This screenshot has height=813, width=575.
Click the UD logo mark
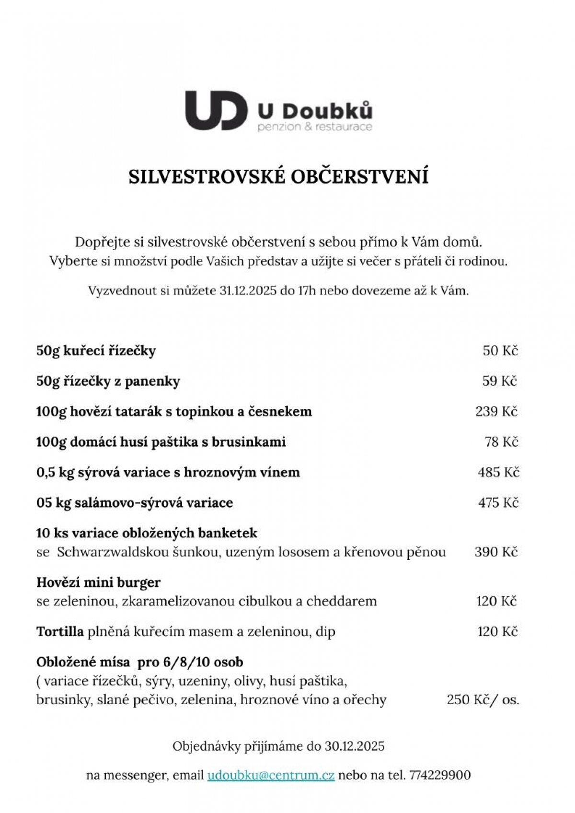[216, 110]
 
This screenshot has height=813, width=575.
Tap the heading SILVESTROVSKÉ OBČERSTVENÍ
[278, 176]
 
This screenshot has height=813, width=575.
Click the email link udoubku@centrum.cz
[271, 775]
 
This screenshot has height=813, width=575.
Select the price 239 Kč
[497, 411]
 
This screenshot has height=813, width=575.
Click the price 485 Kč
[498, 472]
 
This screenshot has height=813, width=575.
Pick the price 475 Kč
[498, 503]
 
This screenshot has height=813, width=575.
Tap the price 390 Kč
[496, 552]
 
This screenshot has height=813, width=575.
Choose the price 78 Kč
[502, 441]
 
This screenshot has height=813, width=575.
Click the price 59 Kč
[500, 381]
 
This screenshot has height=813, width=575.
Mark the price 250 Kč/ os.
[483, 700]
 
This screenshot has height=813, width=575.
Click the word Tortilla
[60, 631]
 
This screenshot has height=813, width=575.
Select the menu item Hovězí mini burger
[98, 582]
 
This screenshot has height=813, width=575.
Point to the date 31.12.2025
[248, 290]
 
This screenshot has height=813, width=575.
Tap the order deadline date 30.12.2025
[355, 746]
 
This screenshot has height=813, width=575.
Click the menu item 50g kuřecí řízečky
[96, 351]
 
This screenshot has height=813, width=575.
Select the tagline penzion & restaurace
[315, 127]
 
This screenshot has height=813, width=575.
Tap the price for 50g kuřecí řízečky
[500, 350]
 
